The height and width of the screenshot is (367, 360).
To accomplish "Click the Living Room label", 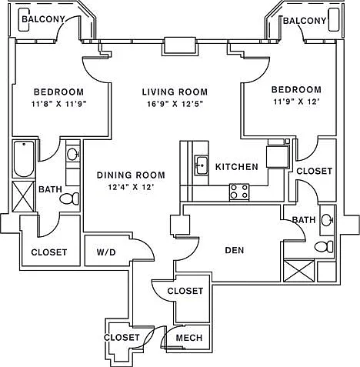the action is click(x=175, y=92).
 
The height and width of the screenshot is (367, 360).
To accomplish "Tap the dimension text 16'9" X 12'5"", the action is click(x=175, y=104).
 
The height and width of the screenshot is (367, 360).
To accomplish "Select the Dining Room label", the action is click(x=131, y=175).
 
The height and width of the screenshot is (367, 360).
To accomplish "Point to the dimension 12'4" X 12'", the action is click(x=131, y=187).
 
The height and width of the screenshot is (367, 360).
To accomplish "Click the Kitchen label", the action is click(x=237, y=167).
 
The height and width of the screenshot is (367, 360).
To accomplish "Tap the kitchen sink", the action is click(x=202, y=165).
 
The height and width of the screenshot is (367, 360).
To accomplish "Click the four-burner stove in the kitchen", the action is click(x=239, y=192).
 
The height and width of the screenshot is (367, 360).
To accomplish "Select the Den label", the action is click(x=235, y=250).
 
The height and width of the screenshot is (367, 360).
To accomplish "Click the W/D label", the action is click(x=106, y=252).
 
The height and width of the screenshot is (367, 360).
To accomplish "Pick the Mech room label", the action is click(x=189, y=338).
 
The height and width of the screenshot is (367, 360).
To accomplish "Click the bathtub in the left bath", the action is click(x=24, y=159).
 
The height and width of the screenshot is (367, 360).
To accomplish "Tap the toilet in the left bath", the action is click(x=69, y=199).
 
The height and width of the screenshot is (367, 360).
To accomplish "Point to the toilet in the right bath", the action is click(x=324, y=247).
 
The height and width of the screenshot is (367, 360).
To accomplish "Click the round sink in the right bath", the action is click(x=327, y=220).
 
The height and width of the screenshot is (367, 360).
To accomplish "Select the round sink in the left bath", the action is click(x=73, y=154).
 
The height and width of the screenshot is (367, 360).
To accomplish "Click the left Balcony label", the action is click(x=43, y=19).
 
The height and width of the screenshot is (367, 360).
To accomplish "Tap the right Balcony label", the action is click(x=305, y=21).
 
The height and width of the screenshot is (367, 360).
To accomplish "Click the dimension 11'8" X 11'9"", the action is click(x=58, y=104).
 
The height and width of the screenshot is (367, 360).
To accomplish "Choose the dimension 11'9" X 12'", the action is click(x=296, y=102).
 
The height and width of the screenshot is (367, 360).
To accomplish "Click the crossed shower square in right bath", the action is click(x=299, y=271).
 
